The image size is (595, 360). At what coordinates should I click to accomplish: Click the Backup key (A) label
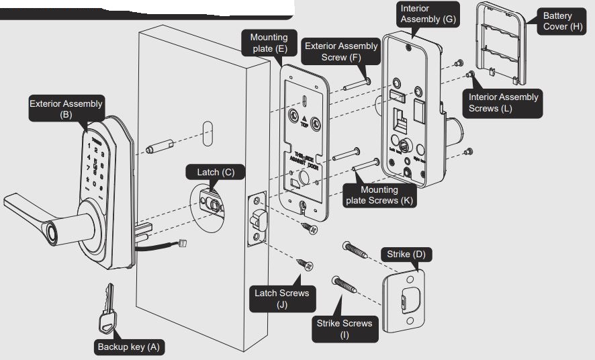pyautogui.click(x=128, y=347)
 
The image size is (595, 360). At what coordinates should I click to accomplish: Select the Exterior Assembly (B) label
pyautogui.click(x=66, y=109)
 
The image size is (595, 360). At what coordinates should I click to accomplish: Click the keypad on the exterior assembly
pyautogui.click(x=98, y=165)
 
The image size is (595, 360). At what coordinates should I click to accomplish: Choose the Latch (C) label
pyautogui.click(x=216, y=172)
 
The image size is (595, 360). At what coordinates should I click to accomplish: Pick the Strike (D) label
pyautogui.click(x=406, y=255)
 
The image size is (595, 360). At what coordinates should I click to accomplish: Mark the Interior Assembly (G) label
pyautogui.click(x=428, y=14)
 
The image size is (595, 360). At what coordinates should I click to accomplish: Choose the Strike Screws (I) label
pyautogui.click(x=345, y=328)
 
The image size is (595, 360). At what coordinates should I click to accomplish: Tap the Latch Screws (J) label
pyautogui.click(x=281, y=298)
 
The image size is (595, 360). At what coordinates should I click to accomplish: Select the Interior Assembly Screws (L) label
pyautogui.click(x=503, y=102)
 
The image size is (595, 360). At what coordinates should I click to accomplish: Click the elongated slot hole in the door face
pyautogui.click(x=208, y=132)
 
